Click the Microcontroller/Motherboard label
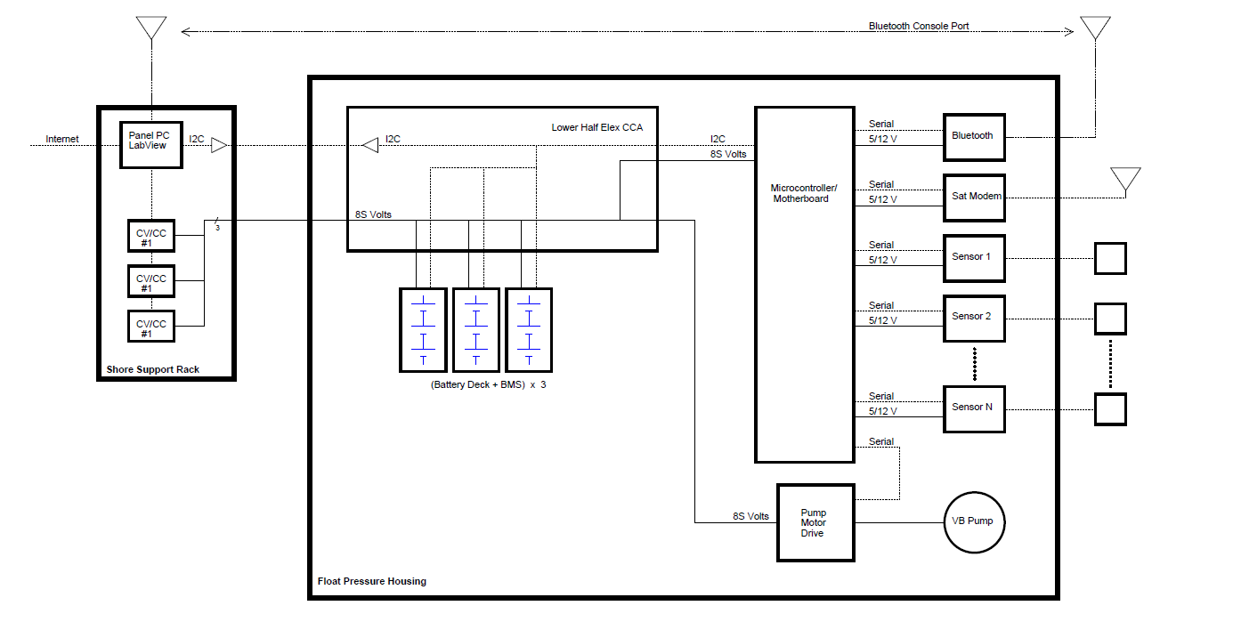click(803, 193)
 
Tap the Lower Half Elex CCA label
click(597, 127)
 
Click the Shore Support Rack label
click(152, 369)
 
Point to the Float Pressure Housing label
click(371, 581)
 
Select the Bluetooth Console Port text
click(919, 26)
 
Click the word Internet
click(62, 139)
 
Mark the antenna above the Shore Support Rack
click(151, 28)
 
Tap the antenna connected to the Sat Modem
click(1125, 179)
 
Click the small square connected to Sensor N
click(1110, 409)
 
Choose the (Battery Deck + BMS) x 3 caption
click(488, 385)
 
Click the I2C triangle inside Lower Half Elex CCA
click(370, 145)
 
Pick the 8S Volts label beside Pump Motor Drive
click(750, 516)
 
